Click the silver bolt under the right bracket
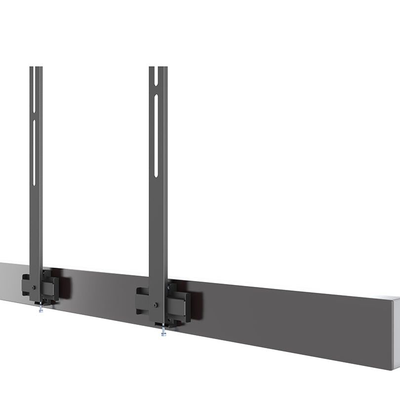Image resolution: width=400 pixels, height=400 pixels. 162,332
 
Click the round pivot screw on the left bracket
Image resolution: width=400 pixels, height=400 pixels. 33,287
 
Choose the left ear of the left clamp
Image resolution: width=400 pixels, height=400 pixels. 25,286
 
